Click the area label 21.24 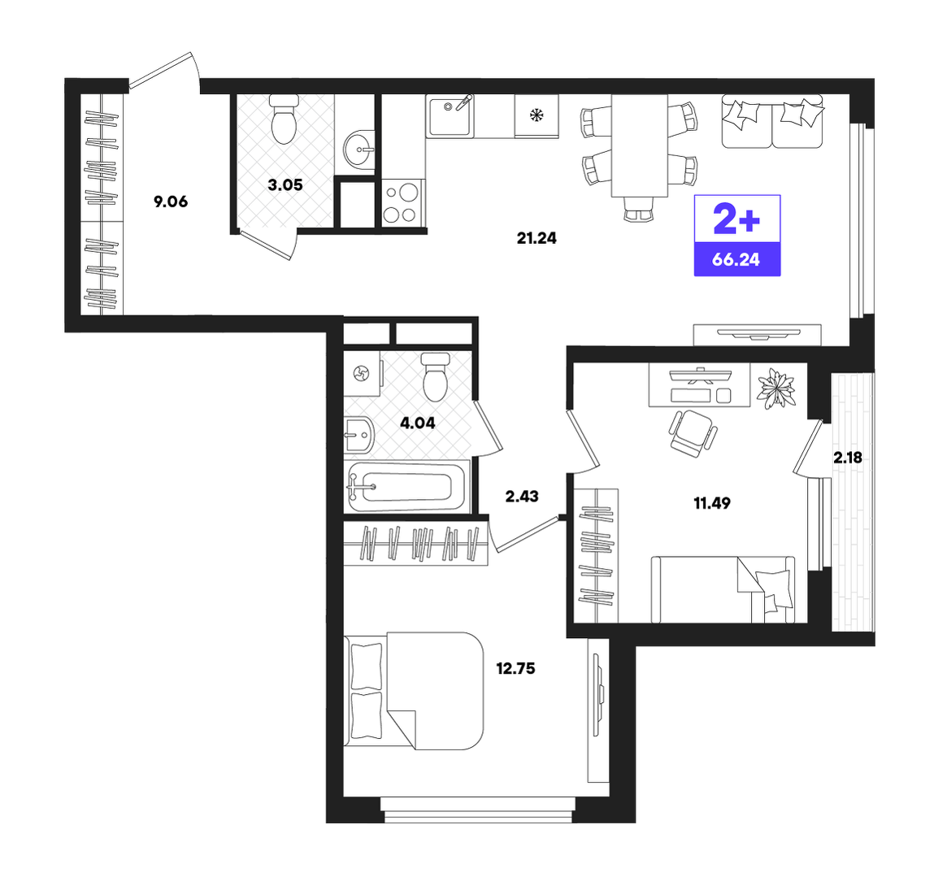point(536,239)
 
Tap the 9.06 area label point(171,202)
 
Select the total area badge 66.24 point(736,260)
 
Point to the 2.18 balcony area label point(848,458)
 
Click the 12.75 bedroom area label point(516,669)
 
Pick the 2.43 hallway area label point(522,497)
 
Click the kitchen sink point(450,116)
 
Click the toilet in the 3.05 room point(284,119)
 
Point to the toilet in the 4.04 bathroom point(436,377)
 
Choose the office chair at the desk point(693,431)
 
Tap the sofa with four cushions point(772,121)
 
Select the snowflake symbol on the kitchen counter point(536,115)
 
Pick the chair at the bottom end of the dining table point(638,211)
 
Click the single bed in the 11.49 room point(723,589)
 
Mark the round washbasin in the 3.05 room point(358,148)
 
